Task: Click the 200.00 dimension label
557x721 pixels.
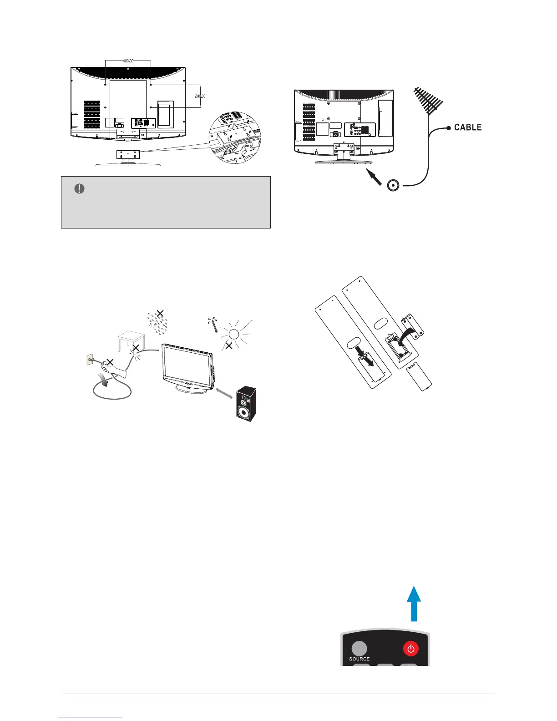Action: pos(200,96)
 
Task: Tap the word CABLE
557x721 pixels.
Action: pos(468,127)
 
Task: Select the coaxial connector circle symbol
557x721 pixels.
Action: pos(393,185)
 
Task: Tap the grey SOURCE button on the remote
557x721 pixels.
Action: pos(359,649)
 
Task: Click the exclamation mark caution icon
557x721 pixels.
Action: pos(79,189)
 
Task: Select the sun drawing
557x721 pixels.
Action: pos(233,334)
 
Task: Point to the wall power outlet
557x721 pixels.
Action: pos(89,360)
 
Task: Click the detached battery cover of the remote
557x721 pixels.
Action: pos(419,376)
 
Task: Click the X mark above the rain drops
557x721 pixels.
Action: pos(160,313)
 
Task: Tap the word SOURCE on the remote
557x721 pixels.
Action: pos(360,659)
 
